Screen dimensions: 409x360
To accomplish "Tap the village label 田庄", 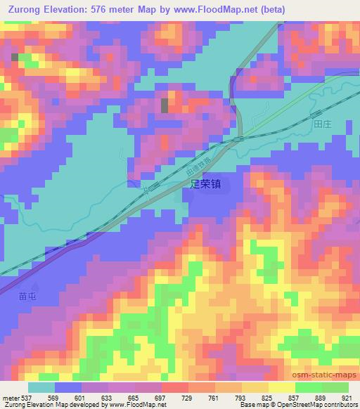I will point(322,123).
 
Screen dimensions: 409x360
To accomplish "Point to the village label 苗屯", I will point(28,297).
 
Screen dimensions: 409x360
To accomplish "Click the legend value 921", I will point(347,397).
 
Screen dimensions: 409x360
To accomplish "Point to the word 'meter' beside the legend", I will point(9,397).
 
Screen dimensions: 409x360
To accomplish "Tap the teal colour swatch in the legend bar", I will point(41,387).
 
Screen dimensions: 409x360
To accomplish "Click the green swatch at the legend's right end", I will point(335,387).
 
